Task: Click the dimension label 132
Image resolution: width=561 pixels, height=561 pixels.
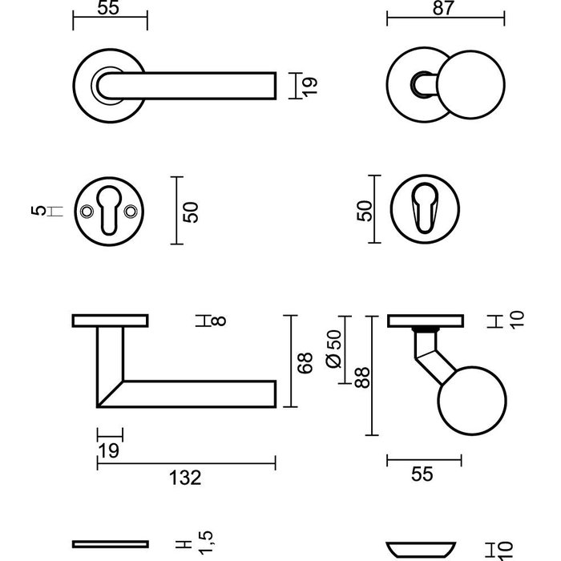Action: click(186, 478)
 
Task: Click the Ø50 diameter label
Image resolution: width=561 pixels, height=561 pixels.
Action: click(335, 350)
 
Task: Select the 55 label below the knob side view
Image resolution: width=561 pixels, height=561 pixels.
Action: click(422, 474)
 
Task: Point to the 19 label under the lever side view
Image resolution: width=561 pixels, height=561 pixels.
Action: click(109, 450)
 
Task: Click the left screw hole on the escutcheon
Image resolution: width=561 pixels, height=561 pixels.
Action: click(87, 212)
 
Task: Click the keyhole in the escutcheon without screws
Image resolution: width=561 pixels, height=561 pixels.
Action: click(425, 211)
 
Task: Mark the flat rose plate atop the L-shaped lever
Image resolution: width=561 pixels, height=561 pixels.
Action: click(110, 321)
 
